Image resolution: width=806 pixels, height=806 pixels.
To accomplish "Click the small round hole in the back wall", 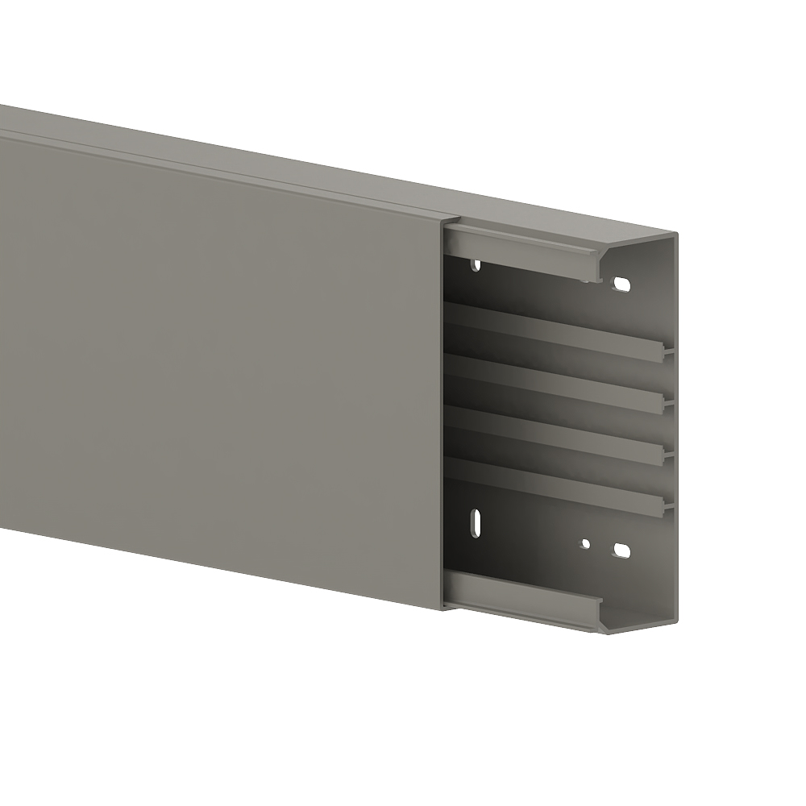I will (x=586, y=543).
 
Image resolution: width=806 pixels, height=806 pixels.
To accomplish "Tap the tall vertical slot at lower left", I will (x=476, y=522).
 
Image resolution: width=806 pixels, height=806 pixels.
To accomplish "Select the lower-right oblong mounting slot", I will (x=621, y=550).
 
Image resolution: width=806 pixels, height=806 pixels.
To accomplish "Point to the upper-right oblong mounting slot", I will (x=622, y=284).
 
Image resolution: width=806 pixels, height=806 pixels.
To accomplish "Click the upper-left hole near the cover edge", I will (x=476, y=264).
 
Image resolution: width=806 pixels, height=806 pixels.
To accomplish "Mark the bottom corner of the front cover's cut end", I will (x=442, y=609).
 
